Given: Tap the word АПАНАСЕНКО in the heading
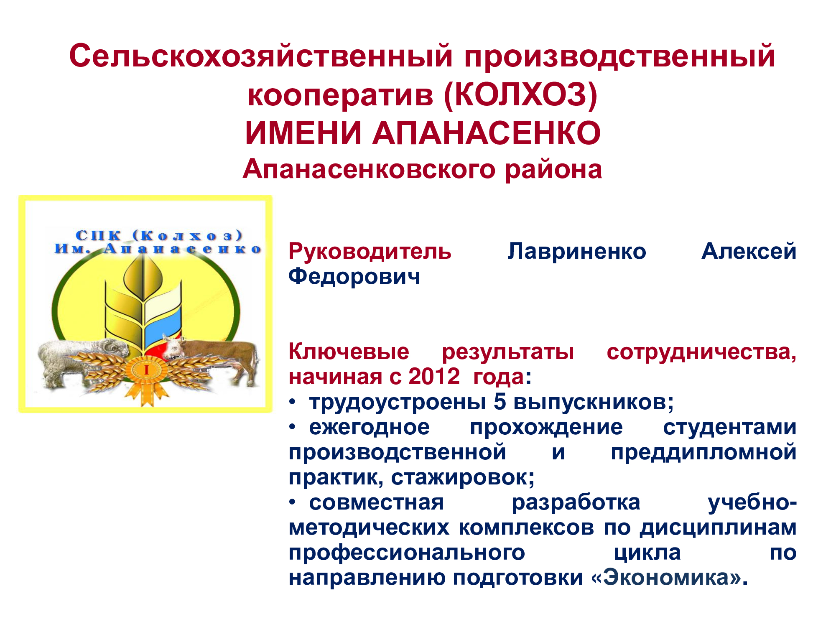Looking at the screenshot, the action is [487, 133].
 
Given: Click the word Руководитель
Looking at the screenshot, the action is [370, 252].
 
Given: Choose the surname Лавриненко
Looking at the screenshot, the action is [577, 252].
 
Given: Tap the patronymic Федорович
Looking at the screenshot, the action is [354, 277].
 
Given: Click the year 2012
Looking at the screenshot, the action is [433, 377].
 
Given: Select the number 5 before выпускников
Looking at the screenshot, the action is [500, 402].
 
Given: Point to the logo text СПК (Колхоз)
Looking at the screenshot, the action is [159, 235].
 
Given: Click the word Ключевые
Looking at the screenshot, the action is [349, 352].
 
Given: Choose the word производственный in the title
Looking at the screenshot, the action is [620, 56].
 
